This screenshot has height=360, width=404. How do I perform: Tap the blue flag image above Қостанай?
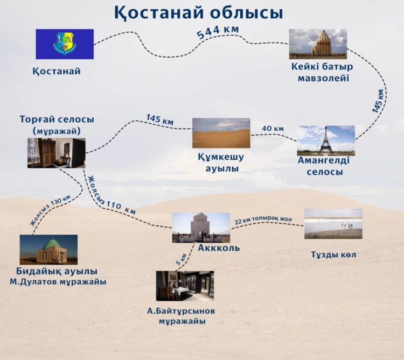click(x=65, y=44)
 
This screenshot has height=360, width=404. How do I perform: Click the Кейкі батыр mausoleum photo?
click(x=318, y=44)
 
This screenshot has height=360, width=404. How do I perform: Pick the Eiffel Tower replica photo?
click(x=326, y=140)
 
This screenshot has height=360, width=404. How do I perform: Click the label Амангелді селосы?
click(x=323, y=166)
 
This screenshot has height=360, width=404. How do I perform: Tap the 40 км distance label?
click(x=273, y=129)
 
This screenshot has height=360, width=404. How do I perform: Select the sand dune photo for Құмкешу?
click(x=221, y=133)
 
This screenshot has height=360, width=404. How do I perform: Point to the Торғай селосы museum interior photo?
click(x=57, y=153)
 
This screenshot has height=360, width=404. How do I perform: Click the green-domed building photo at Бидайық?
click(x=48, y=249)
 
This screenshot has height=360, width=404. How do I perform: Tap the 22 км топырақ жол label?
click(x=263, y=220)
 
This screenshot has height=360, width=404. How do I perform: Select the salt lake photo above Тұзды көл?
click(x=333, y=224)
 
